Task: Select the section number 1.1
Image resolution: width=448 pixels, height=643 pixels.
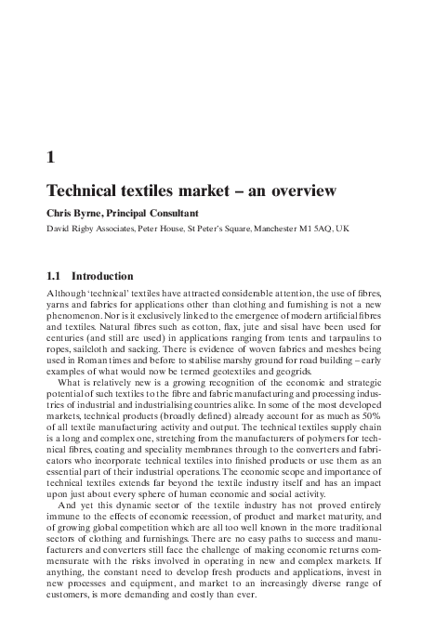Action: click(55, 276)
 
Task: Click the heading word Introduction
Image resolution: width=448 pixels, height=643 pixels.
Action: click(103, 276)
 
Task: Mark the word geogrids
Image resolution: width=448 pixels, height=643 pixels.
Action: click(291, 381)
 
